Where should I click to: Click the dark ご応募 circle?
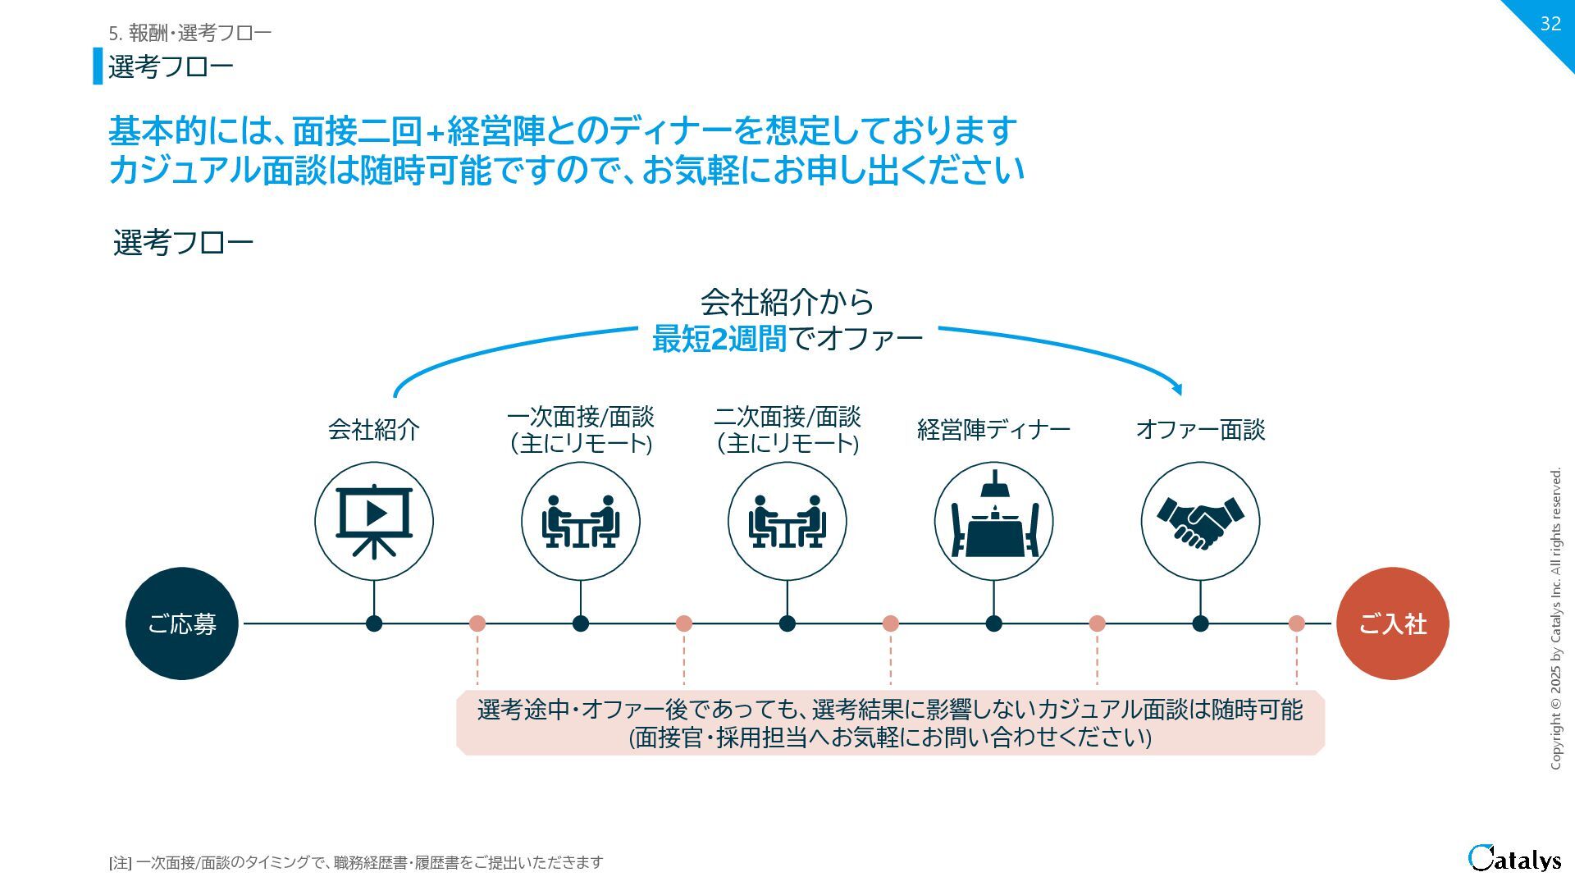pyautogui.click(x=181, y=623)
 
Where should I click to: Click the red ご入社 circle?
pyautogui.click(x=1392, y=623)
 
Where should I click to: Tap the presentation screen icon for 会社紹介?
pyautogui.click(x=374, y=521)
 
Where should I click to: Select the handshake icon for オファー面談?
pyautogui.click(x=1200, y=521)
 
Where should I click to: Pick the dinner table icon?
pyautogui.click(x=993, y=521)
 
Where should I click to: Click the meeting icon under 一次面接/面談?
pyautogui.click(x=580, y=521)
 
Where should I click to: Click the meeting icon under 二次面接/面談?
pyautogui.click(x=787, y=521)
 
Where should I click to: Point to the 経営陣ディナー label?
pyautogui.click(x=993, y=429)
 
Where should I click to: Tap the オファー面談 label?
pyautogui.click(x=1200, y=429)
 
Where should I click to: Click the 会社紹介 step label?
pyautogui.click(x=374, y=429)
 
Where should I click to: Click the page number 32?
pyautogui.click(x=1550, y=23)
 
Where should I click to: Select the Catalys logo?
pyautogui.click(x=1514, y=858)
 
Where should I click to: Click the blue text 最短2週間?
pyautogui.click(x=719, y=338)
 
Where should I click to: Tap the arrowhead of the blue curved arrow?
pyautogui.click(x=1178, y=389)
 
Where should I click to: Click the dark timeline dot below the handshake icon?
pyautogui.click(x=1200, y=623)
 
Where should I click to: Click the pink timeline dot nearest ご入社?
pyautogui.click(x=1296, y=623)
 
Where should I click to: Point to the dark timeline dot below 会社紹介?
pyautogui.click(x=374, y=623)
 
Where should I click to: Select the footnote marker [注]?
pyautogui.click(x=120, y=862)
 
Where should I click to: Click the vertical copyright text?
pyautogui.click(x=1555, y=619)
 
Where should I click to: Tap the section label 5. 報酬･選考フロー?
pyautogui.click(x=189, y=33)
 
